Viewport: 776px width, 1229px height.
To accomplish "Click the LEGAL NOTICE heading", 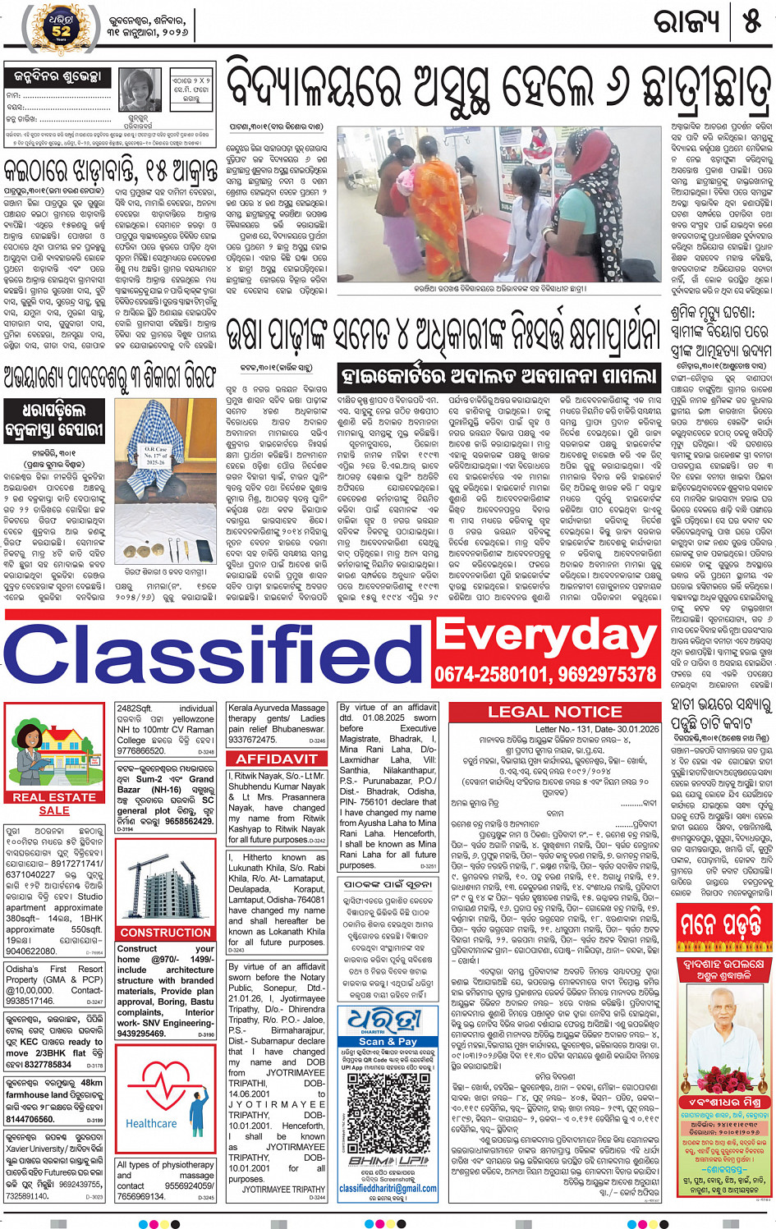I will coord(554,712).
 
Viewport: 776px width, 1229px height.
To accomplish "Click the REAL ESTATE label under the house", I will coord(54,796).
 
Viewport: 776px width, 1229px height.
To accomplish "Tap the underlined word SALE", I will coord(54,810).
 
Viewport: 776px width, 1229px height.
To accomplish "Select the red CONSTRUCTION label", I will coord(165,933).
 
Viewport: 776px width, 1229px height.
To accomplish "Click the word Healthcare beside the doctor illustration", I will coord(151,1123).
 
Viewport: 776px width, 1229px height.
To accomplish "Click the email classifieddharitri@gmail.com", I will coord(388,1188).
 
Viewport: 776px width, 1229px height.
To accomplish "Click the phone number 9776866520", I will coord(140,750).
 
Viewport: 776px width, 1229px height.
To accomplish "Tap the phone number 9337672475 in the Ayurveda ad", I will coord(252,740).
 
